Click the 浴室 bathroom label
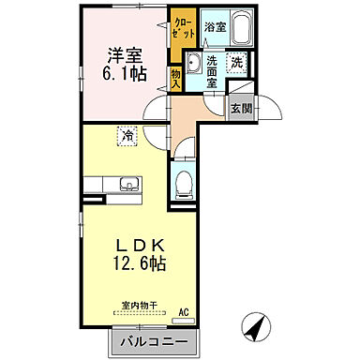[x=215, y=28]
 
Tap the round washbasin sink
[x=193, y=65]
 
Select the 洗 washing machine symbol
[x=239, y=63]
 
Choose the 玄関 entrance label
[x=242, y=109]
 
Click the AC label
[x=184, y=312]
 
